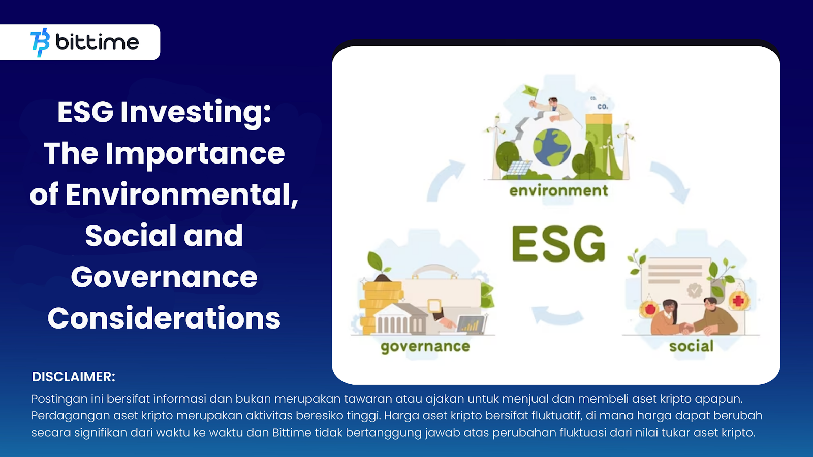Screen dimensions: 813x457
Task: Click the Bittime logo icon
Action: (x=40, y=43)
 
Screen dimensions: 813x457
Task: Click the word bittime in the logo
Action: (x=97, y=42)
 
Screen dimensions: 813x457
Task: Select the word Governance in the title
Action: (x=164, y=277)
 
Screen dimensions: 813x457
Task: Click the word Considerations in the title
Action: (x=164, y=318)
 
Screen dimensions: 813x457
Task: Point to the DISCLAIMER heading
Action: (x=74, y=377)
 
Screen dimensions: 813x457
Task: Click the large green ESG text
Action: (x=558, y=244)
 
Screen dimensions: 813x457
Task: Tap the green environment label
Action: (x=558, y=191)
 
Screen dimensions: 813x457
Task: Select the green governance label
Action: (x=425, y=347)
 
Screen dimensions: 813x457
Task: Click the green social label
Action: (x=692, y=346)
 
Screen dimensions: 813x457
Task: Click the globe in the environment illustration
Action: (x=552, y=147)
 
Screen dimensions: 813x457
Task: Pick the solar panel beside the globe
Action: (x=519, y=168)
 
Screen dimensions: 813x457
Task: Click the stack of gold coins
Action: (x=378, y=307)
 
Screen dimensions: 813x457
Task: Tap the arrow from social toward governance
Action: (x=557, y=315)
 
